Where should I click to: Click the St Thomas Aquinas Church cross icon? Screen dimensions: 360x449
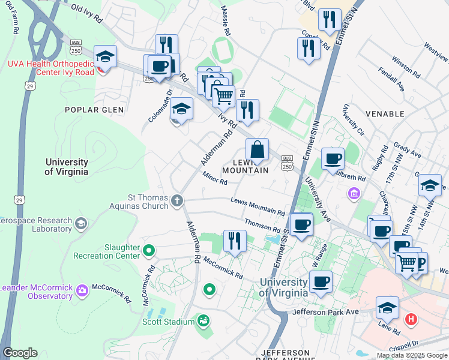point(176,200)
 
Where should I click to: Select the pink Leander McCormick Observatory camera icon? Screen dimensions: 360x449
point(82,292)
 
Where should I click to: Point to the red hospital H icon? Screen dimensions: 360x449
point(411,319)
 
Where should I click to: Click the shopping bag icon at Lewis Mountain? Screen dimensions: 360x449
point(257,151)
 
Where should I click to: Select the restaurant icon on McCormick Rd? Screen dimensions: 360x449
point(235,241)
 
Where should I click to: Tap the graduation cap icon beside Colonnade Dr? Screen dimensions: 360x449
point(181,109)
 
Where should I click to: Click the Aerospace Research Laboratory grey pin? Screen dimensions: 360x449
point(82,224)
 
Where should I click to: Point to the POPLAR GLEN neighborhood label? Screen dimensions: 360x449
point(96,110)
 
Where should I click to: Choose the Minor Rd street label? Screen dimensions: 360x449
point(215,178)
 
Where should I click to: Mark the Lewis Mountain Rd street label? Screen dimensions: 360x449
point(258,206)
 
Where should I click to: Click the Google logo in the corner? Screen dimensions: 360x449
point(20,353)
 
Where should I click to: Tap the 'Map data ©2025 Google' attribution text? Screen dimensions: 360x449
point(412,355)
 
